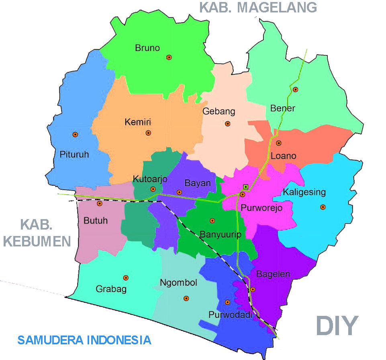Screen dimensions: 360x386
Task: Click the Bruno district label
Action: point(147,48)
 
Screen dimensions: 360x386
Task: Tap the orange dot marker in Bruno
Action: point(169,57)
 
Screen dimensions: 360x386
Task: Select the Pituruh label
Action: point(74,154)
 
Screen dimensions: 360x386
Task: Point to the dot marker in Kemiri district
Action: point(148,133)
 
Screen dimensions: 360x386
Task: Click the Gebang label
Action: point(219,111)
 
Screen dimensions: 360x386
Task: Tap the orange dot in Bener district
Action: point(295,89)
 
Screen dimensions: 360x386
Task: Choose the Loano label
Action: point(283,156)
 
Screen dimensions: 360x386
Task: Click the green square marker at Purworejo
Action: point(245,187)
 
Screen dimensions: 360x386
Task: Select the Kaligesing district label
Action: point(304,192)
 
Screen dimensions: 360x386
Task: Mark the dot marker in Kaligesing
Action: point(323,207)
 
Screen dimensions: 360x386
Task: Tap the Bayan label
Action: point(198,183)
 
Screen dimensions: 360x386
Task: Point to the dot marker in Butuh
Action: point(100,203)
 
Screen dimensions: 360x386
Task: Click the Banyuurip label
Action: point(216,233)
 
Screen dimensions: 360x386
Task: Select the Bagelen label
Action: point(273,274)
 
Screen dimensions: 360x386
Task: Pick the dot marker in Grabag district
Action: point(126,278)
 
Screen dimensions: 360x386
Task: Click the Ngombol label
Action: point(178,283)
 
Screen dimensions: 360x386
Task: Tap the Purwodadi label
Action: point(230,315)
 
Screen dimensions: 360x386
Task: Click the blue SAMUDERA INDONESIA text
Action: point(84,340)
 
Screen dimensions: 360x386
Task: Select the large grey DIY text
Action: point(337,325)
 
